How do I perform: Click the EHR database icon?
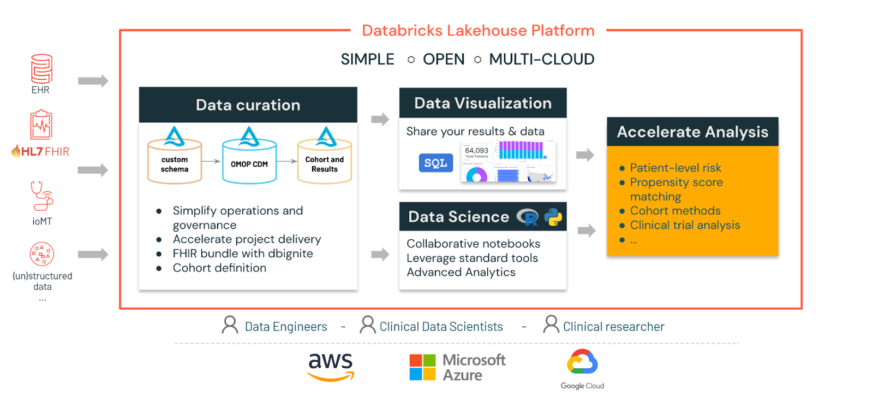click(41, 69)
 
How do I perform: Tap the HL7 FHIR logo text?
click(41, 151)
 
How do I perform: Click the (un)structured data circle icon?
click(42, 254)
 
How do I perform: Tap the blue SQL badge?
click(435, 163)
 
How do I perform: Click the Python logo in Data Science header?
click(553, 217)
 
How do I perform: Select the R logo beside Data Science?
click(528, 217)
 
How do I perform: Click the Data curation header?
click(248, 105)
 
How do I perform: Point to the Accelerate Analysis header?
click(692, 132)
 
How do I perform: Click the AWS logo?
click(331, 366)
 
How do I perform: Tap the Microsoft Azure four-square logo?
click(422, 367)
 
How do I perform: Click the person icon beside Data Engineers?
click(230, 325)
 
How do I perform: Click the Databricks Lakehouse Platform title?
click(478, 31)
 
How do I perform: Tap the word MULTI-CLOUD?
click(541, 59)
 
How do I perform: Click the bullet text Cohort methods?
click(675, 211)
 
